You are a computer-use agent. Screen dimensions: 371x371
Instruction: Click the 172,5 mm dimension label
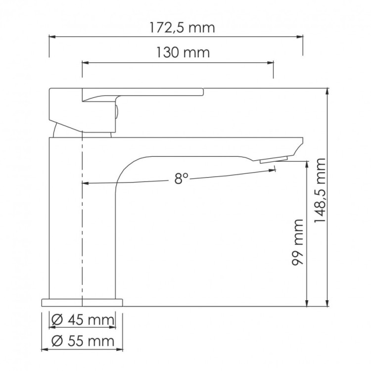click(182, 28)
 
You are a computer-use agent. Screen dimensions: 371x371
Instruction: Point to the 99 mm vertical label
click(298, 243)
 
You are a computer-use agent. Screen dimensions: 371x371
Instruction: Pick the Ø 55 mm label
click(83, 340)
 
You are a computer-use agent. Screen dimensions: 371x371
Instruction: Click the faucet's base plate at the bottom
click(81, 302)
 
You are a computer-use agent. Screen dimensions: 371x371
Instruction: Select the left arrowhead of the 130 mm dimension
click(85, 62)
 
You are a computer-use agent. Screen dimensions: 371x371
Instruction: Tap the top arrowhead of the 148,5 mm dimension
click(328, 91)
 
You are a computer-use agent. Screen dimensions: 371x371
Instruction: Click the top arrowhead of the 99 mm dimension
click(308, 164)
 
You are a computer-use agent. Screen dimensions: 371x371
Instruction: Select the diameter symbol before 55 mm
click(56, 340)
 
